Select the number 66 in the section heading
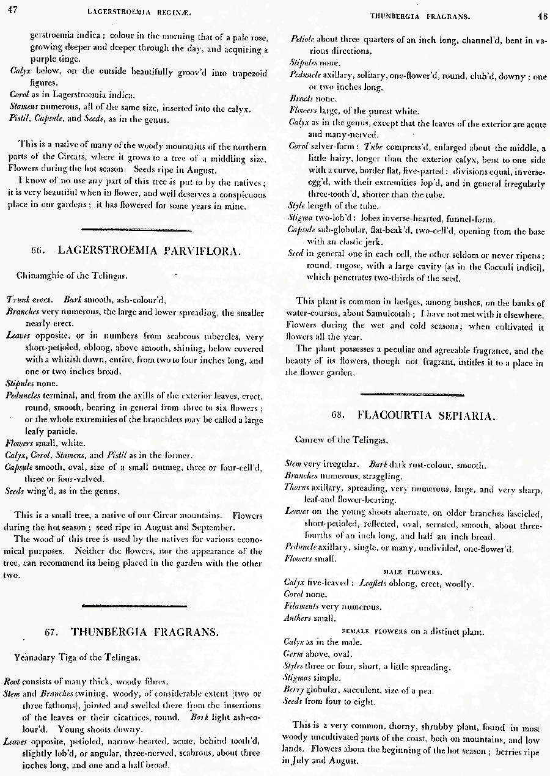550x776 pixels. [38, 251]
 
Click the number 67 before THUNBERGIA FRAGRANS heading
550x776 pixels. [53, 632]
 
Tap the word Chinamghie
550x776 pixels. [40, 276]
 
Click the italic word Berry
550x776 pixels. [294, 690]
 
